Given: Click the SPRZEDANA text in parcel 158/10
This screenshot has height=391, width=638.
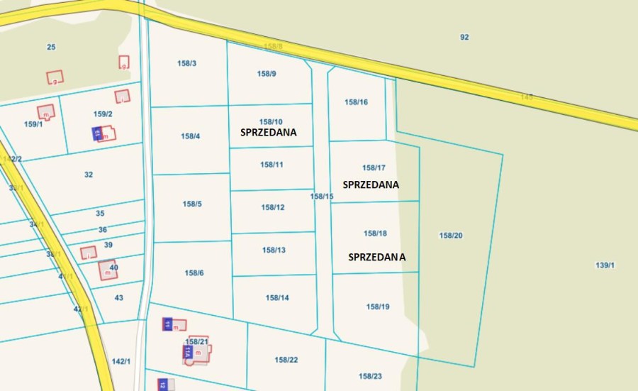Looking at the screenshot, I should [x=268, y=133].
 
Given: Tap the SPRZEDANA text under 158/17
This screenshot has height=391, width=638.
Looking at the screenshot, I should [x=370, y=185].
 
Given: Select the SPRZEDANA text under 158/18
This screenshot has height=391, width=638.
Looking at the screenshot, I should [x=377, y=258].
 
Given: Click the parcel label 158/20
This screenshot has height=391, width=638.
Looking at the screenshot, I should [x=451, y=236].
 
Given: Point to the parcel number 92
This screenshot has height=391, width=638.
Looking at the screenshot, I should [x=464, y=37].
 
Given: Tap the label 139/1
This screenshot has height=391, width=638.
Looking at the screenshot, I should [x=605, y=265].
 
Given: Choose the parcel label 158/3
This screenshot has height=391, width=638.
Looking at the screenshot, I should [x=186, y=63].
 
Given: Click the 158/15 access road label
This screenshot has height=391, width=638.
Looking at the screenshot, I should [x=322, y=197].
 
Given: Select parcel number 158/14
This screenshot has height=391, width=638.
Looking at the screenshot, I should [x=277, y=298].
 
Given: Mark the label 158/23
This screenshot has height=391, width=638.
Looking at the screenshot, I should [x=370, y=376].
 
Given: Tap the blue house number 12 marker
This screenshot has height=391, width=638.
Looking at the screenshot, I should [x=162, y=384].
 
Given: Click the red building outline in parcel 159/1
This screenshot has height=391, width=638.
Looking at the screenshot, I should [x=46, y=112].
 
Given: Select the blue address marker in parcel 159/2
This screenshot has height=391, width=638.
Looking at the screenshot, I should [x=97, y=133].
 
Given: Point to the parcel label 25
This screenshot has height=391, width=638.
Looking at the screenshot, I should [x=51, y=47].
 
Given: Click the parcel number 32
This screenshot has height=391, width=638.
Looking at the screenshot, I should [x=89, y=175].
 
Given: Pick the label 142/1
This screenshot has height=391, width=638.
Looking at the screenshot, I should [x=121, y=361].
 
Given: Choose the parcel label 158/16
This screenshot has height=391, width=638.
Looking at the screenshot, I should [x=356, y=102].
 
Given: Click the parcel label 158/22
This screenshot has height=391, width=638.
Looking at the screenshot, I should [x=286, y=360].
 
